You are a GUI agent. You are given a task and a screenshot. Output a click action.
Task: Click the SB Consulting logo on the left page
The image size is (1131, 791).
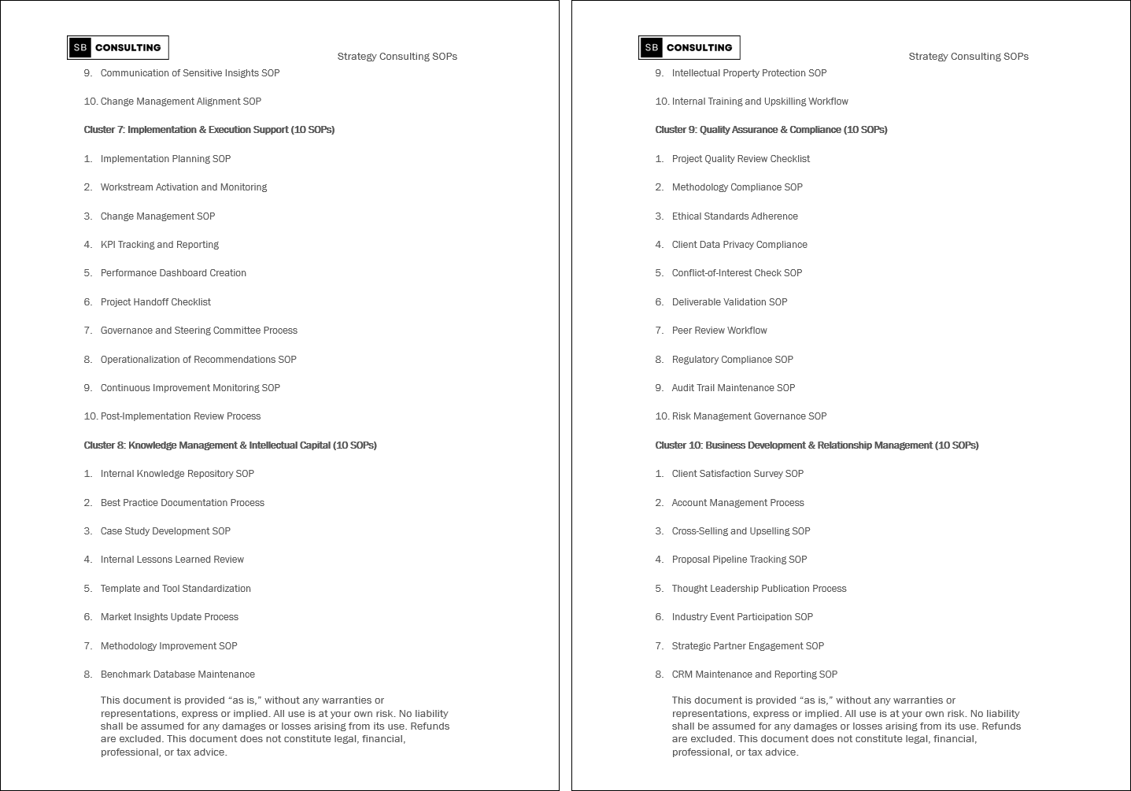coord(118,48)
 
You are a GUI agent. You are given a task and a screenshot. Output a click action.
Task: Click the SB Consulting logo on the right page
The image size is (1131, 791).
coord(689,48)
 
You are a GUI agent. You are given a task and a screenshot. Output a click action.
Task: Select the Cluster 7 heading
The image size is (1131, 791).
coord(209,130)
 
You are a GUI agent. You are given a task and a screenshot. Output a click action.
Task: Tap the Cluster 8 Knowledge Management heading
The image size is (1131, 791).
coord(231,445)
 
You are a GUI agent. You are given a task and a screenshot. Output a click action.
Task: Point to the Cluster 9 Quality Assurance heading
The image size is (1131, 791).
coord(771,130)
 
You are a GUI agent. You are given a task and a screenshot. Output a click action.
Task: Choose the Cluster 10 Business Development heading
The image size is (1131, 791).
coord(817,445)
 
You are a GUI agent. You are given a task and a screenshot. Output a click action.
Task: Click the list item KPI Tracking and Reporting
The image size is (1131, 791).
coord(160,245)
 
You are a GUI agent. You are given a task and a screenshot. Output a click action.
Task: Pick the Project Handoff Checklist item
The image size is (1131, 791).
coord(156,302)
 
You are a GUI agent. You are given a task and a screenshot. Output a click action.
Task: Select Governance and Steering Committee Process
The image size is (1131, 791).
coord(199,331)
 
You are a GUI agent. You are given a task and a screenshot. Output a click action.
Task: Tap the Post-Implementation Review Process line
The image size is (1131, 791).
coord(180,416)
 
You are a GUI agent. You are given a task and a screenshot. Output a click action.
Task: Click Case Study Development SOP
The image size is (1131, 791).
coord(165,531)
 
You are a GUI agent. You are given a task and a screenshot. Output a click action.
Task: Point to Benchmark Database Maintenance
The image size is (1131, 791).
coord(178,675)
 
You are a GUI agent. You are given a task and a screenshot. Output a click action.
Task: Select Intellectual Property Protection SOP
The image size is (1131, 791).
coord(749,73)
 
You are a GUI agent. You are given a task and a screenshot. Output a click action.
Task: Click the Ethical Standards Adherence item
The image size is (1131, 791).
coord(735,216)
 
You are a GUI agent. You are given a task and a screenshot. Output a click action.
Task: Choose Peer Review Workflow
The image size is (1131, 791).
coord(719,331)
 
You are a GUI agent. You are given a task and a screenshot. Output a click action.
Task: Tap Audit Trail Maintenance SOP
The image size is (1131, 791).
coord(734,388)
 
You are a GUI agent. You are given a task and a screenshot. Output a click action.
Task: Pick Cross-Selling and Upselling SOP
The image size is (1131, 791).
coord(741,531)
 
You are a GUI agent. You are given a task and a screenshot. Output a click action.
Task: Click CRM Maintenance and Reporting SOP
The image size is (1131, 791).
coord(755,675)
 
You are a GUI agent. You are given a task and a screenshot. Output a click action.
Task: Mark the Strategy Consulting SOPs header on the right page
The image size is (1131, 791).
coord(968,57)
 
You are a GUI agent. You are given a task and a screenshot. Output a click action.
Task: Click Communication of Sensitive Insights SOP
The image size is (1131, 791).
coord(190,73)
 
